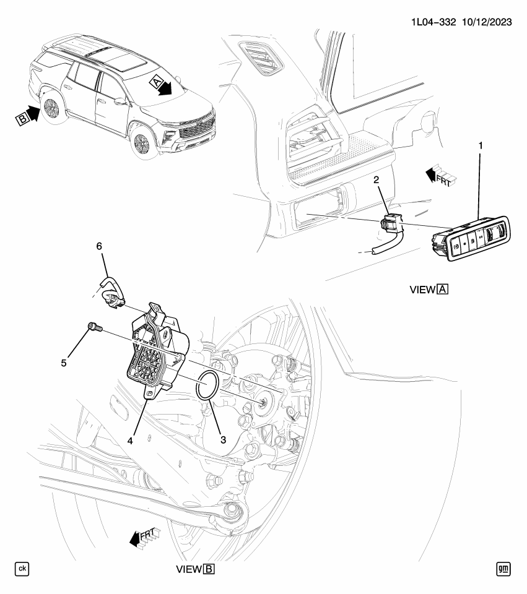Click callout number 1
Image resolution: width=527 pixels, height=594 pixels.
tap(480, 147)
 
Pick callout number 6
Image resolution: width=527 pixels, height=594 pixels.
tap(98, 246)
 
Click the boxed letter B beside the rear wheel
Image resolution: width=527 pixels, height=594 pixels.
tap(20, 116)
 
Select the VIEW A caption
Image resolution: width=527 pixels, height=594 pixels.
tap(429, 290)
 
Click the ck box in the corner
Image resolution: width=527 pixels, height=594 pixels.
tap(22, 569)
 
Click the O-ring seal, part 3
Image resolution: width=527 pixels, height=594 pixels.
tap(206, 387)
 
